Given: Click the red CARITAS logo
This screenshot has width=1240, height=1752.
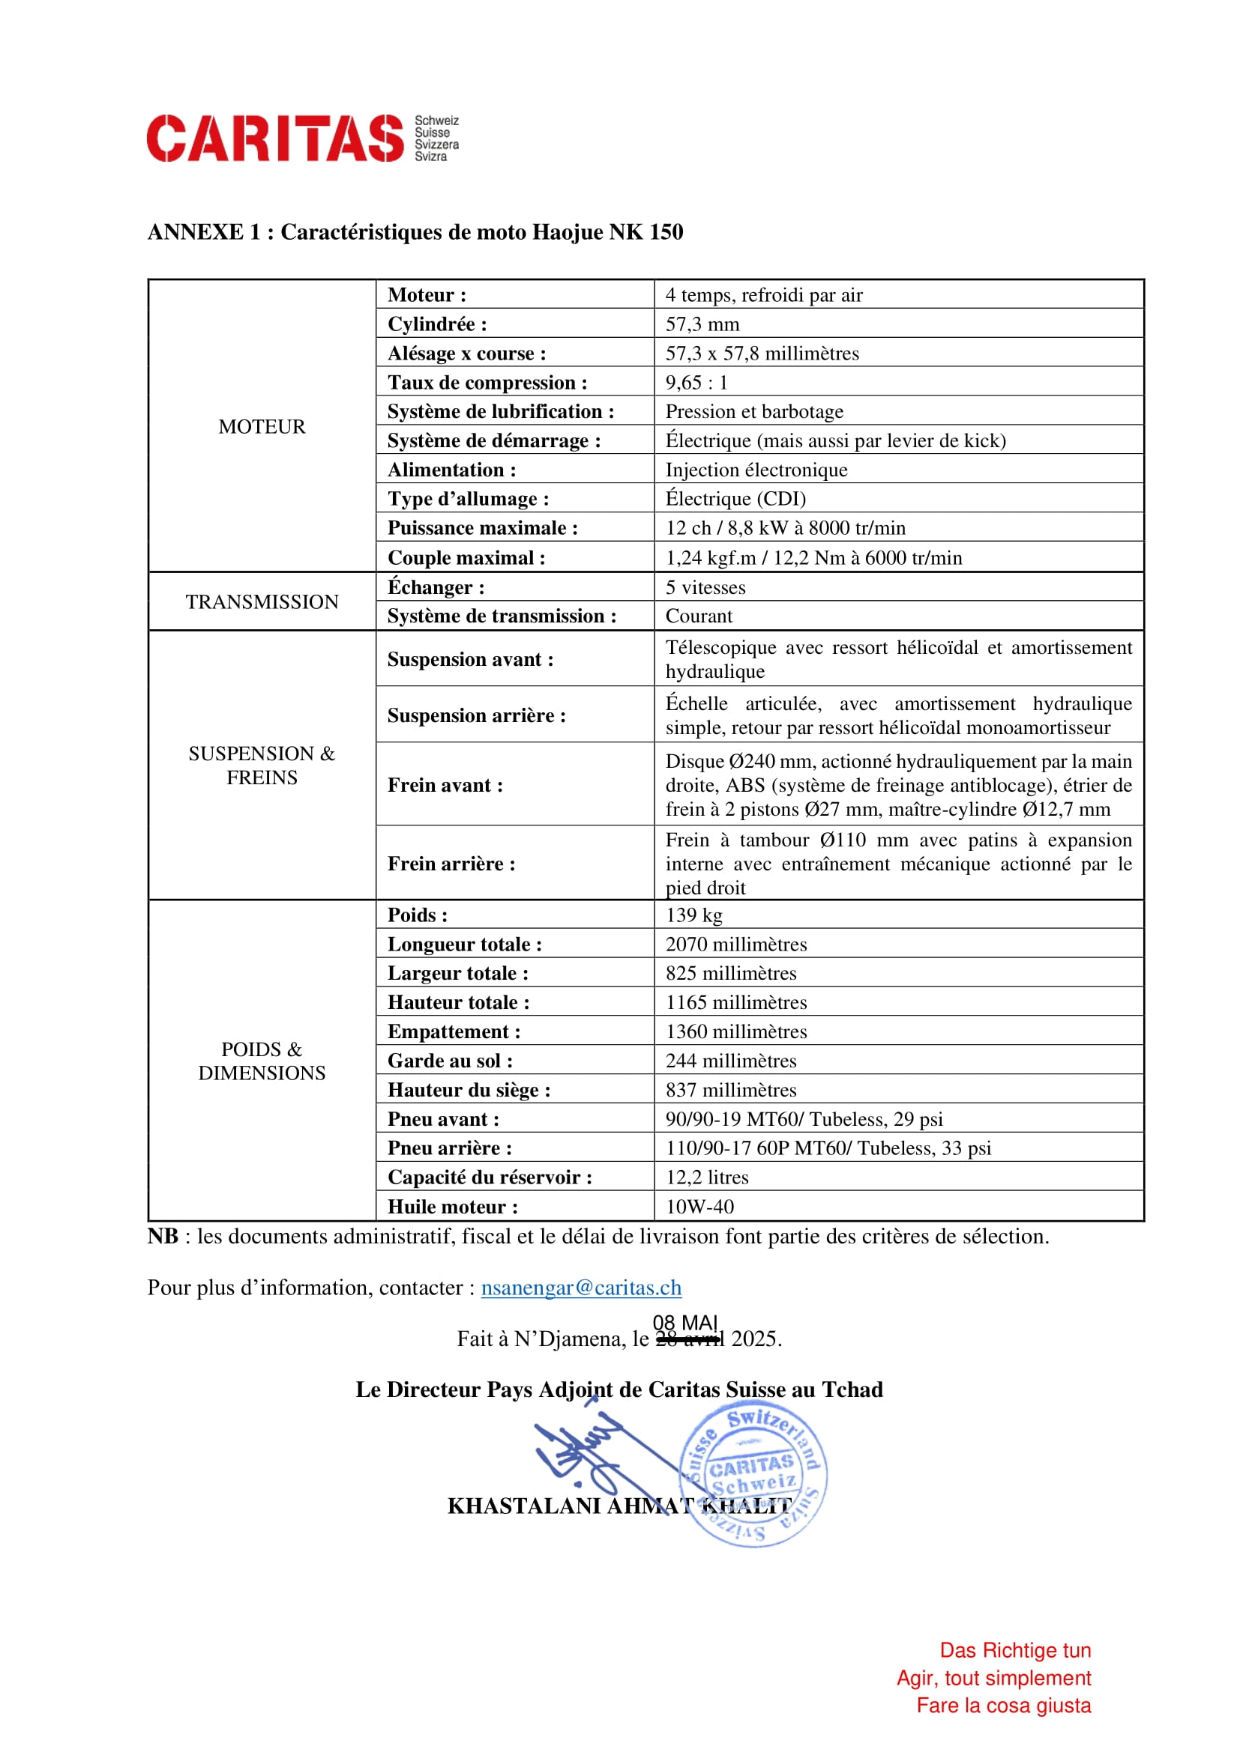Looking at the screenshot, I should (x=275, y=138).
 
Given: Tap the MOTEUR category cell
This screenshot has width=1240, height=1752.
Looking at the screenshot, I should (x=261, y=426).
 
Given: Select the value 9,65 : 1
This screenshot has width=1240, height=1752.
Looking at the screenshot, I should (x=696, y=382).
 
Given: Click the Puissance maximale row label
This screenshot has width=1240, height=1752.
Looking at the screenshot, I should (x=482, y=528).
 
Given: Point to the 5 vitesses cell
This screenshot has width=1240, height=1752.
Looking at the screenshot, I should (x=705, y=587).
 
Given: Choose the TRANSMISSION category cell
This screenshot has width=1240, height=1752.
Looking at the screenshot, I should (x=261, y=602).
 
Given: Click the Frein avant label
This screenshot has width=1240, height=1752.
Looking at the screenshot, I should (x=445, y=785).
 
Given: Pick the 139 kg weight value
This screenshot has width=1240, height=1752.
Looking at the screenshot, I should (x=693, y=915).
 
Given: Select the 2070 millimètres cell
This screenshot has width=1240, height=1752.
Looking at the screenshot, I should (x=735, y=944).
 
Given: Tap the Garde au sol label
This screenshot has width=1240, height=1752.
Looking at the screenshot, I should (x=450, y=1061).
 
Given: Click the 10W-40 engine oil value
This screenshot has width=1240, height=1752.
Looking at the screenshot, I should (x=699, y=1207).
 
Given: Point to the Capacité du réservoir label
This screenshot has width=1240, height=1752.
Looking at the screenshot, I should (x=490, y=1177).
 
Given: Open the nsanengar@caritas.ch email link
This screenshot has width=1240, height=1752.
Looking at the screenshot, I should (x=580, y=1288).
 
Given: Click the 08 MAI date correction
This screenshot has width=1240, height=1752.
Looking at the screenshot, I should (x=685, y=1322).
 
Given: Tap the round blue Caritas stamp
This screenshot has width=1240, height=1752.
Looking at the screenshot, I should (x=752, y=1479).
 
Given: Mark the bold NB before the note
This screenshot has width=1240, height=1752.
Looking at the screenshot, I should (x=163, y=1236).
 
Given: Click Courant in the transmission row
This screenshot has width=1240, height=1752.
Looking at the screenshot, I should (x=699, y=616).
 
